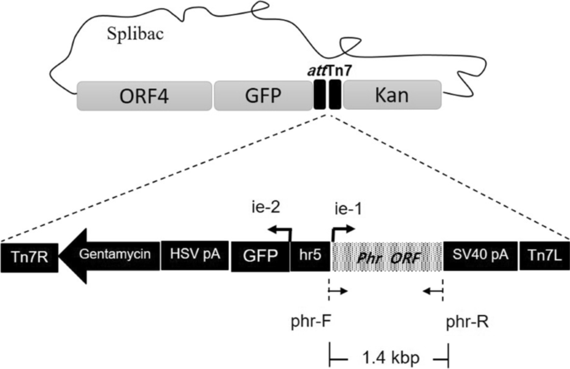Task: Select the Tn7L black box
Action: point(543,256)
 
